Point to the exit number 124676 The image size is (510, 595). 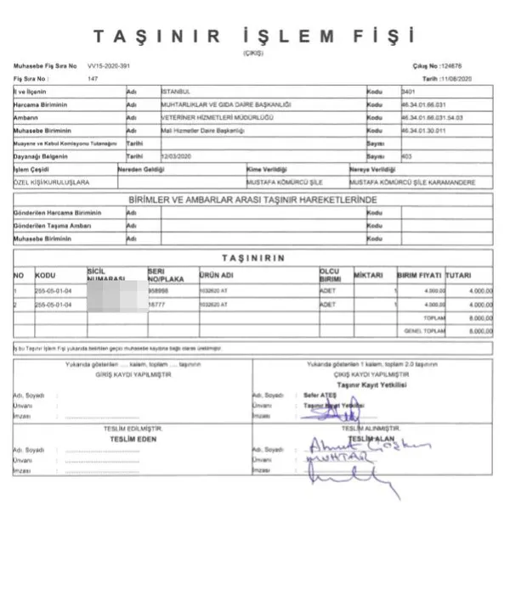450,65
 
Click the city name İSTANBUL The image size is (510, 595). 181,91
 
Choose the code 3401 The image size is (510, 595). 410,91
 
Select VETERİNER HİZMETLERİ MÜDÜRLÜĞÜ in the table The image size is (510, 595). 202,117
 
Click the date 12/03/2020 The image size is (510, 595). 174,157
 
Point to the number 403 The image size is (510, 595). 406,157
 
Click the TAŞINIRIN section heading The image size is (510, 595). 252,257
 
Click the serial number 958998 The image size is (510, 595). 158,290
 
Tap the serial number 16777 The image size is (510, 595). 156,304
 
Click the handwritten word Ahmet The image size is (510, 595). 326,447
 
